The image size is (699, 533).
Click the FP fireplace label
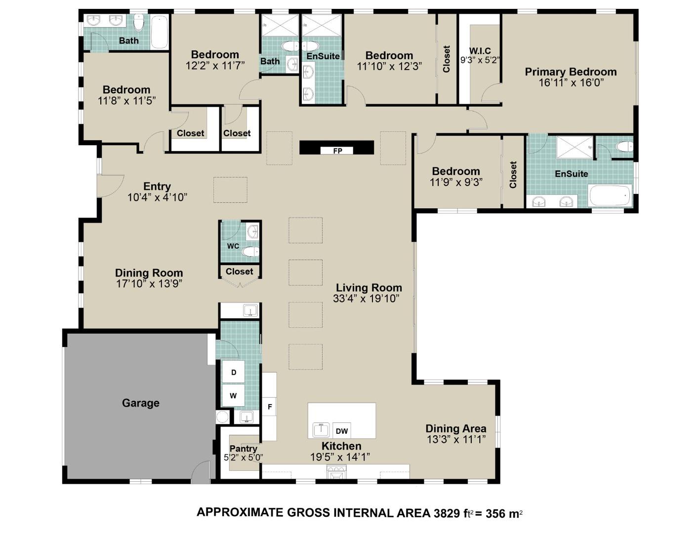[337, 151]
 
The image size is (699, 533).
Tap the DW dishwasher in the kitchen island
[342, 431]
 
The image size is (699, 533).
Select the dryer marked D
[234, 373]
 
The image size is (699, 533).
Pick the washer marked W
[233, 396]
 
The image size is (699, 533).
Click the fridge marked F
[270, 407]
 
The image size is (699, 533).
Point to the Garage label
[141, 403]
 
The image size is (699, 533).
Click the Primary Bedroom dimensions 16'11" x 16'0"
[571, 83]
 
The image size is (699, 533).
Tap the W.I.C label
[480, 51]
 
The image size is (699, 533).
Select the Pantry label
[244, 448]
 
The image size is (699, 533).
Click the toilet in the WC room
[250, 252]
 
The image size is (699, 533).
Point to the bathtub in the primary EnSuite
[610, 196]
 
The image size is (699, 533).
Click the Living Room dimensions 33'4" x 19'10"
[366, 299]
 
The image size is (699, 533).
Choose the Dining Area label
[455, 428]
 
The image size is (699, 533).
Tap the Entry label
[157, 187]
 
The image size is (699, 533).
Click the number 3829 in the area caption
[447, 513]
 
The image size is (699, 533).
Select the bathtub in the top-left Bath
[159, 32]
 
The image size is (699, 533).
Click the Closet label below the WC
[239, 271]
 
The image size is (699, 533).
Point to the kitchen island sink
[322, 430]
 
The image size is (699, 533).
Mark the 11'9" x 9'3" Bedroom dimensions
[456, 182]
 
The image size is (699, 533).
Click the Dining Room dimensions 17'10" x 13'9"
[149, 284]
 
